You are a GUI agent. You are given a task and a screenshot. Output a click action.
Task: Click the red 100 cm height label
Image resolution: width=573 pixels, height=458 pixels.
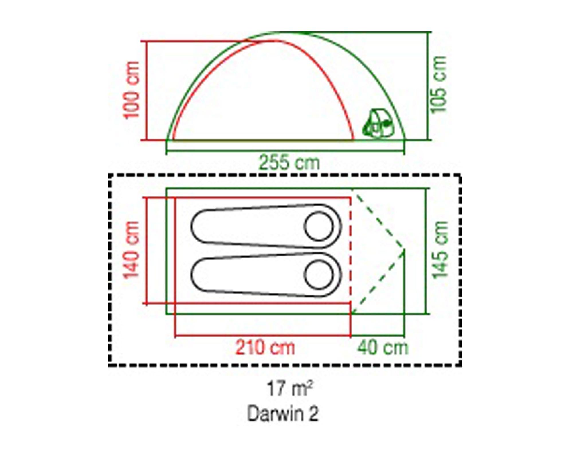[131, 90]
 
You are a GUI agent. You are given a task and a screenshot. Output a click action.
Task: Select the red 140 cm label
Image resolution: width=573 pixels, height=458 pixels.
[131, 250]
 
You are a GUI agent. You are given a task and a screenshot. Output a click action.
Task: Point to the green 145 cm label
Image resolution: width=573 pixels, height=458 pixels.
[440, 250]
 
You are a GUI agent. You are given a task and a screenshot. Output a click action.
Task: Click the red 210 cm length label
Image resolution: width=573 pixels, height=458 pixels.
[265, 348]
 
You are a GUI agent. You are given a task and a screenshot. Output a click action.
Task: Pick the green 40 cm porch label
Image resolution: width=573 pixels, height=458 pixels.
[382, 348]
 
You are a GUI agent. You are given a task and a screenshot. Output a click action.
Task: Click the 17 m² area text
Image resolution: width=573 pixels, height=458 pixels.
[289, 389]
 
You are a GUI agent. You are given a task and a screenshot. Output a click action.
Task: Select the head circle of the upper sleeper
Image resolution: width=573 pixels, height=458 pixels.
[319, 226]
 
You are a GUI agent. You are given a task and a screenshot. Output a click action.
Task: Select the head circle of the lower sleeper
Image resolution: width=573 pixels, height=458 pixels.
[319, 275]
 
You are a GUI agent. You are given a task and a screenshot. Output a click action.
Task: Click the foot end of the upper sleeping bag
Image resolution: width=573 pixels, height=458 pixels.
[201, 226]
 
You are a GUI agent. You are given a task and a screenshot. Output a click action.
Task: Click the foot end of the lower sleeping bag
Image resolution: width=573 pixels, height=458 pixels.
[201, 275]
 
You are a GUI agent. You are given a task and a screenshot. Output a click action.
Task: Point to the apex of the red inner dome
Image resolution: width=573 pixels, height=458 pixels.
[275, 40]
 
